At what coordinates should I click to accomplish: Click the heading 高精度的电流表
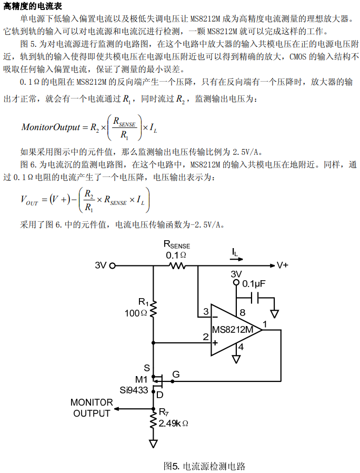pyautogui.click(x=33, y=6)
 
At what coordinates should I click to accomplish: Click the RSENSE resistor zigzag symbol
pyautogui.click(x=177, y=266)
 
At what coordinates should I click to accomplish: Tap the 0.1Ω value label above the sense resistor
pyautogui.click(x=176, y=255)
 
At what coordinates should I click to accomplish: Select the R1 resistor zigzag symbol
pyautogui.click(x=153, y=309)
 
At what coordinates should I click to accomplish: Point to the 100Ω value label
pyautogui.click(x=136, y=313)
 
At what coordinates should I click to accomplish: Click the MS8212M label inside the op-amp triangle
pyautogui.click(x=233, y=329)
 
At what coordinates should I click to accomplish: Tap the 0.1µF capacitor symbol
pyautogui.click(x=255, y=299)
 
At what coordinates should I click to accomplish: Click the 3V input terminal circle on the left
pyautogui.click(x=112, y=266)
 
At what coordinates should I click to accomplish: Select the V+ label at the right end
pyautogui.click(x=282, y=265)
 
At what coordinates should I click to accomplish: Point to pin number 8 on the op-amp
pyautogui.click(x=243, y=312)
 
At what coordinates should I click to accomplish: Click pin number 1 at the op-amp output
pyautogui.click(x=264, y=324)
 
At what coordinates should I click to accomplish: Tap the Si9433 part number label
pyautogui.click(x=134, y=390)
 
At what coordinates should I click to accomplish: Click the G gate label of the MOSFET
pyautogui.click(x=176, y=375)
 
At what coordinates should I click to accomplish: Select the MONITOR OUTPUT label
pyautogui.click(x=92, y=408)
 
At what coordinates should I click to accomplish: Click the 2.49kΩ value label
pyautogui.click(x=173, y=423)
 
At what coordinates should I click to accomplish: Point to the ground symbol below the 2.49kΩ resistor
pyautogui.click(x=153, y=444)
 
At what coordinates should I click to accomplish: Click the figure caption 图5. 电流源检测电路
pyautogui.click(x=204, y=466)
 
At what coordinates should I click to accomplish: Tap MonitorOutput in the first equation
pyautogui.click(x=51, y=127)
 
